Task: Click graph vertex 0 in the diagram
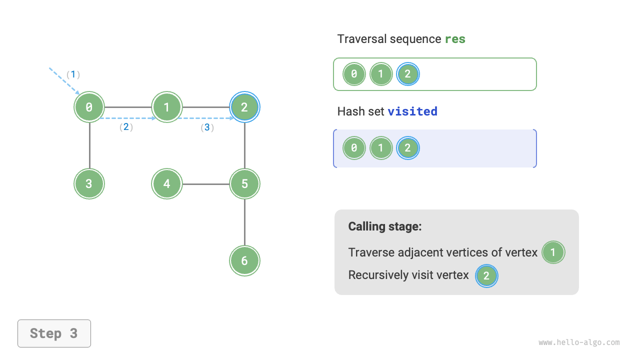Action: (89, 107)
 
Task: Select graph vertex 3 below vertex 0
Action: (89, 184)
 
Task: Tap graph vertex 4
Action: (167, 184)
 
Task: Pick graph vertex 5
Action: (244, 184)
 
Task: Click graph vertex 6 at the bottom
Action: (244, 260)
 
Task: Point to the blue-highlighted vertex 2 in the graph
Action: (244, 107)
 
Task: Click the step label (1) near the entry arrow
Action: (73, 74)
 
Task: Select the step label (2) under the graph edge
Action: (126, 127)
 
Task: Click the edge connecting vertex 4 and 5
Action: (205, 184)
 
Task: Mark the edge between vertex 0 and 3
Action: (89, 145)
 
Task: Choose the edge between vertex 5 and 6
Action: (244, 222)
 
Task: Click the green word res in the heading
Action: (455, 39)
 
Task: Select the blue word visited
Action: (412, 111)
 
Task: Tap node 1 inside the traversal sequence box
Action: (381, 74)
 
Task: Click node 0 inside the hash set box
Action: (354, 148)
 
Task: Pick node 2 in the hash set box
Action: (408, 148)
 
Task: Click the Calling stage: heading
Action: (385, 226)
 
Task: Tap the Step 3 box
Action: (54, 333)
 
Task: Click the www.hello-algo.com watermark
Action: (579, 342)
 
